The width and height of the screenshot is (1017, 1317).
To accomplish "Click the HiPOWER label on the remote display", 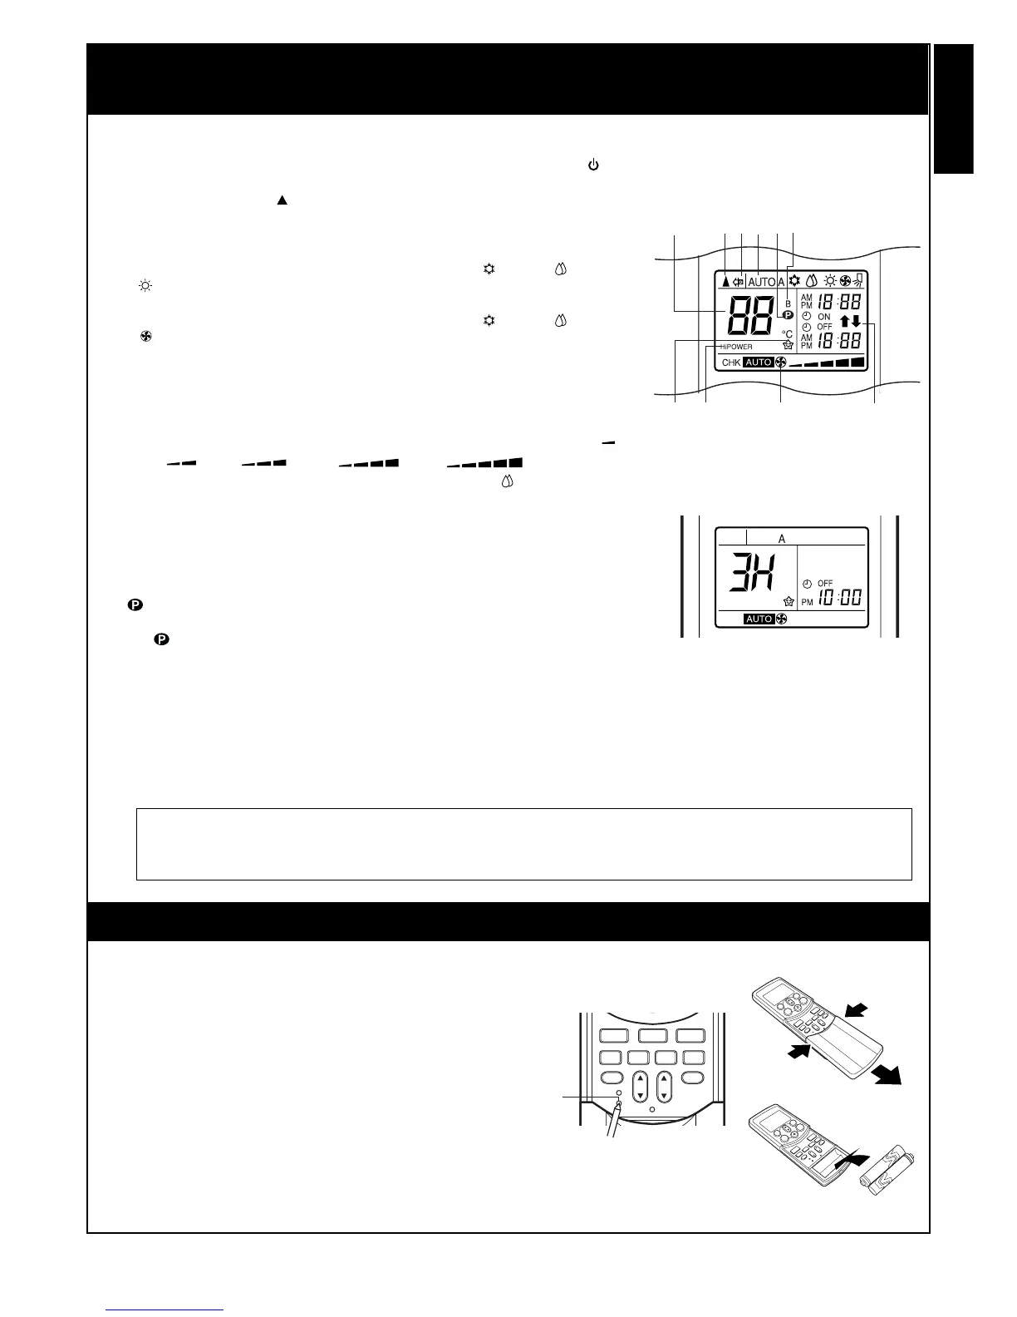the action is click(x=736, y=347).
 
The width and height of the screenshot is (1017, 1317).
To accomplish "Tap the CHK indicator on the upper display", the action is click(x=730, y=363).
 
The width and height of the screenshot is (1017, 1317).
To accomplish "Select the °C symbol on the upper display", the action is click(x=787, y=334).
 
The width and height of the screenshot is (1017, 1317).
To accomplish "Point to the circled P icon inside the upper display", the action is click(x=788, y=315).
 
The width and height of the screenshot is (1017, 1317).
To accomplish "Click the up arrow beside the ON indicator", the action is click(x=845, y=321).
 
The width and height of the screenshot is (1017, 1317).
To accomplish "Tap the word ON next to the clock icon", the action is click(x=824, y=317).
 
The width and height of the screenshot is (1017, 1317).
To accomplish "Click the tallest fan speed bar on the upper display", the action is click(x=857, y=362).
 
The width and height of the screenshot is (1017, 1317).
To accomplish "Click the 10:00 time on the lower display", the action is click(x=839, y=598).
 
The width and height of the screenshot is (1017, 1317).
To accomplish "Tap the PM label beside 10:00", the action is click(x=807, y=602).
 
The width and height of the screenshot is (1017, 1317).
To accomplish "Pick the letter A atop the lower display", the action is click(x=782, y=539).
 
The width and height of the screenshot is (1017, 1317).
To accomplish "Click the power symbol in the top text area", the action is click(x=593, y=165).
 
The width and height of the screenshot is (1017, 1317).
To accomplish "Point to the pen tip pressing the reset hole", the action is click(x=620, y=1105).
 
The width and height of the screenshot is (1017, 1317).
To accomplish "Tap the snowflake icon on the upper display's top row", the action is click(x=795, y=281).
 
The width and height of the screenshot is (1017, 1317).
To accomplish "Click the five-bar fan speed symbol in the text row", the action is click(x=484, y=463).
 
